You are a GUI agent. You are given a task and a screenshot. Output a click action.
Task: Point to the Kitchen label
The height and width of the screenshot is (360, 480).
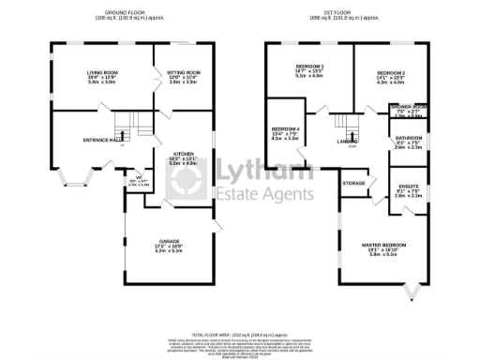(x=183, y=157)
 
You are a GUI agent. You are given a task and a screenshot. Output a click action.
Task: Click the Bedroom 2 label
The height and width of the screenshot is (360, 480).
(x=389, y=72)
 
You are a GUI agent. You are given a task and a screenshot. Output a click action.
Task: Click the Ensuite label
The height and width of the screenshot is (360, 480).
(x=410, y=187)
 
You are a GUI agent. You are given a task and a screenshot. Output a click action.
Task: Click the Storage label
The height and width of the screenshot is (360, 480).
(x=353, y=183)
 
